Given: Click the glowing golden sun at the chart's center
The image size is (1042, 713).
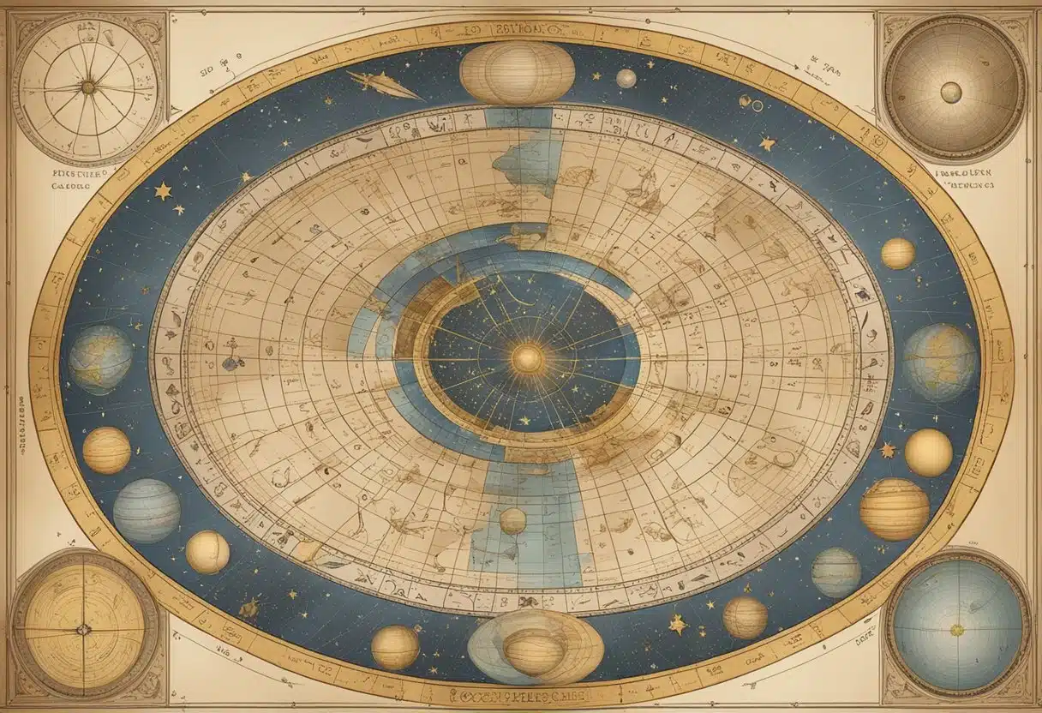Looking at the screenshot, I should tap(528, 358).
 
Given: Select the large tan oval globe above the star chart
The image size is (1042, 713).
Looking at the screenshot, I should tap(517, 73).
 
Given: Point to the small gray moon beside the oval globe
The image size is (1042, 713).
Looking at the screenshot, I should tap(626, 79).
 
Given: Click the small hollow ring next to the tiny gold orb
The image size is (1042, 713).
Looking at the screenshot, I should tap(757, 105).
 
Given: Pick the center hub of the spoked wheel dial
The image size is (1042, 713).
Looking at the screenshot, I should tap(87, 87).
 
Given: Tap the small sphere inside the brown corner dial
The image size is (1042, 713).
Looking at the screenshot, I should tap(950, 92).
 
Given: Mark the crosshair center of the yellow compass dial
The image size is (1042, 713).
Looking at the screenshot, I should tap(83, 629).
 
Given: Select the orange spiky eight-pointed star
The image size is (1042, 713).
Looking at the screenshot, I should tap(887, 449).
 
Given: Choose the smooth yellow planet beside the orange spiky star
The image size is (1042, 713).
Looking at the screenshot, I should tap(928, 452).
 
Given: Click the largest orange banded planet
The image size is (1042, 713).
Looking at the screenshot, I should tap(894, 509).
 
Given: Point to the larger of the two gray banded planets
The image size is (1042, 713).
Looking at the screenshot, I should tap(147, 511).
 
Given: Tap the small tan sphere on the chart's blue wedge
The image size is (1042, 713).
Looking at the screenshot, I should tap(512, 520).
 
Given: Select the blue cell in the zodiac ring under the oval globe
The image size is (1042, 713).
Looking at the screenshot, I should tap(518, 117).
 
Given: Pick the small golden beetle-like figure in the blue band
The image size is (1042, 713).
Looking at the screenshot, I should tap(250, 608).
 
